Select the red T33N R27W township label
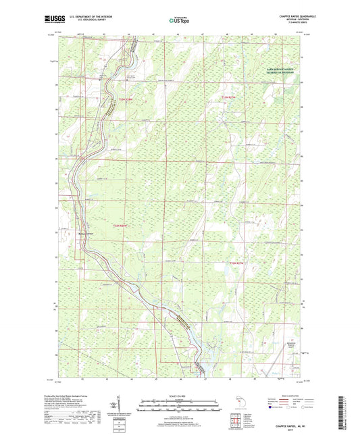tap(231, 99)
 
